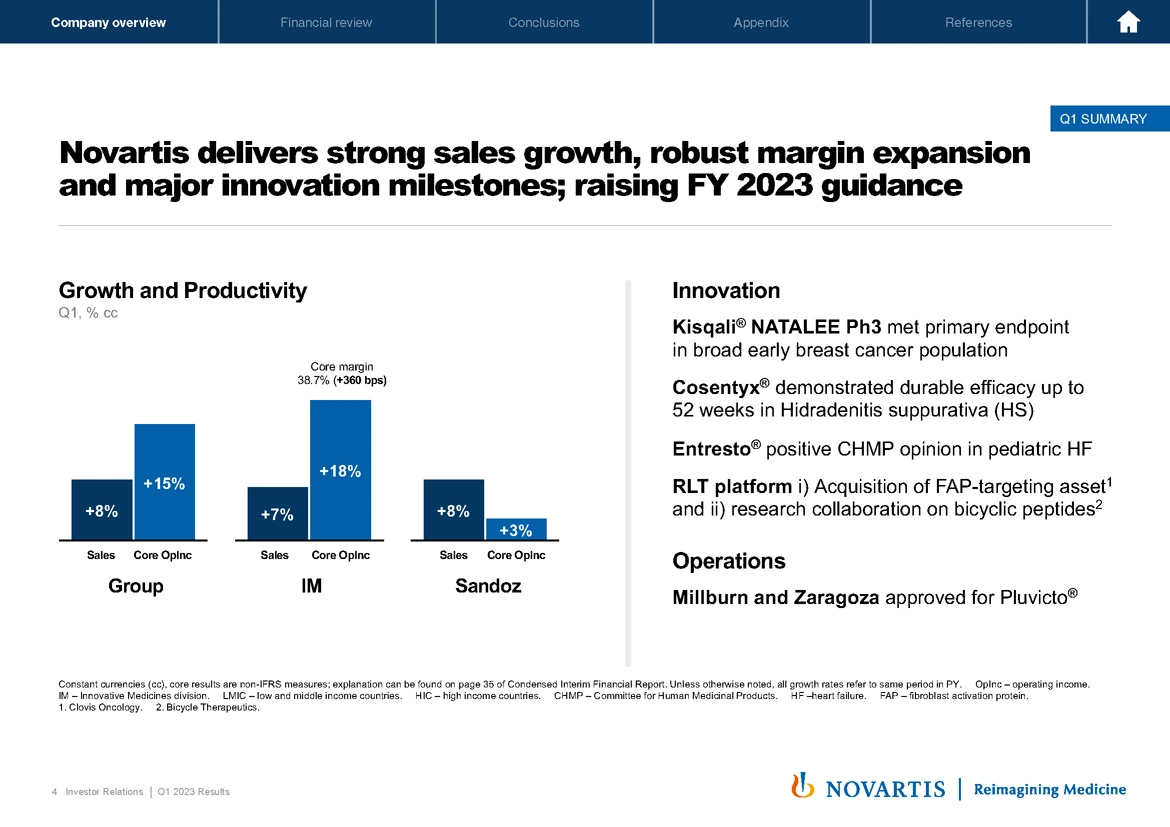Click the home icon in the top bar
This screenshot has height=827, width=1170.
pyautogui.click(x=1129, y=22)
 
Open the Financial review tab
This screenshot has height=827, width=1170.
pyautogui.click(x=326, y=22)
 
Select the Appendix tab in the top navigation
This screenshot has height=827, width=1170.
pyautogui.click(x=761, y=22)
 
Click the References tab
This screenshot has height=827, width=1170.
pyautogui.click(x=978, y=22)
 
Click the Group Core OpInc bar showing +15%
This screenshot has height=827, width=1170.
pyautogui.click(x=164, y=482)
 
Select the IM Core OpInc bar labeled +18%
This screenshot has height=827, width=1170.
pyautogui.click(x=340, y=470)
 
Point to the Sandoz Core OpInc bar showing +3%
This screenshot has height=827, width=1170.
pyautogui.click(x=516, y=529)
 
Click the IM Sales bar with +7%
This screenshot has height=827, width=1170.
pyautogui.click(x=277, y=513)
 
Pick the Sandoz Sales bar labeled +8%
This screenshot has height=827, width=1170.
pyautogui.click(x=453, y=510)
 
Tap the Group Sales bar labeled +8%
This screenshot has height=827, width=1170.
pyautogui.click(x=101, y=510)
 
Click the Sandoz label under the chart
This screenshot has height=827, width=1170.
pyautogui.click(x=488, y=586)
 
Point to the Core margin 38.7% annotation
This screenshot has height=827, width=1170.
pyautogui.click(x=342, y=373)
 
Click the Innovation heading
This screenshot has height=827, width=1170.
pyautogui.click(x=726, y=291)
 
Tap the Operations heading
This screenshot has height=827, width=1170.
pyautogui.click(x=729, y=561)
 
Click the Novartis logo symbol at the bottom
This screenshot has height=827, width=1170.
pyautogui.click(x=801, y=786)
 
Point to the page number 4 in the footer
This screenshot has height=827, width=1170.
pyautogui.click(x=54, y=792)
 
